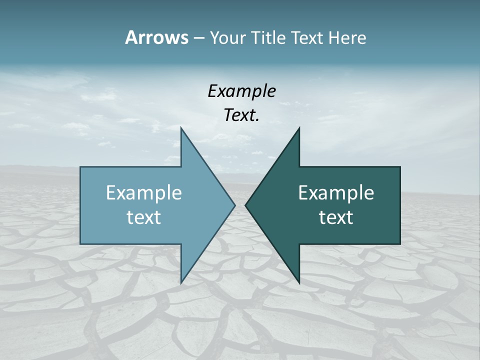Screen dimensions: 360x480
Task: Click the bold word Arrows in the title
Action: pyautogui.click(x=156, y=37)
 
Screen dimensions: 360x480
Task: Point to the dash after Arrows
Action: pyautogui.click(x=198, y=38)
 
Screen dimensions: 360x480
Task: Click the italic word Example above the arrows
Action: pyautogui.click(x=241, y=91)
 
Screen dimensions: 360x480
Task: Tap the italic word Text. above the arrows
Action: pyautogui.click(x=241, y=115)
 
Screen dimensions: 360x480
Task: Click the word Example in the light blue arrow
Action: pyautogui.click(x=144, y=192)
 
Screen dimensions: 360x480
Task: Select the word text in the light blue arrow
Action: pyautogui.click(x=144, y=217)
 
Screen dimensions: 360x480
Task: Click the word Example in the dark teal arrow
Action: pyautogui.click(x=336, y=192)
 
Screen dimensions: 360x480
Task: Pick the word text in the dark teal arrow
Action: pyautogui.click(x=336, y=217)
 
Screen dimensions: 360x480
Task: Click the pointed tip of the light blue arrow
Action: pyautogui.click(x=234, y=205)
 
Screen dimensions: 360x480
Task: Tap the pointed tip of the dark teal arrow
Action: pyautogui.click(x=245, y=205)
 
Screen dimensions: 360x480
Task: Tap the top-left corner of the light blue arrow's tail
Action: pyautogui.click(x=81, y=167)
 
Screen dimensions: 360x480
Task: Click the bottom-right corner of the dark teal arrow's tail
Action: pyautogui.click(x=399, y=243)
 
